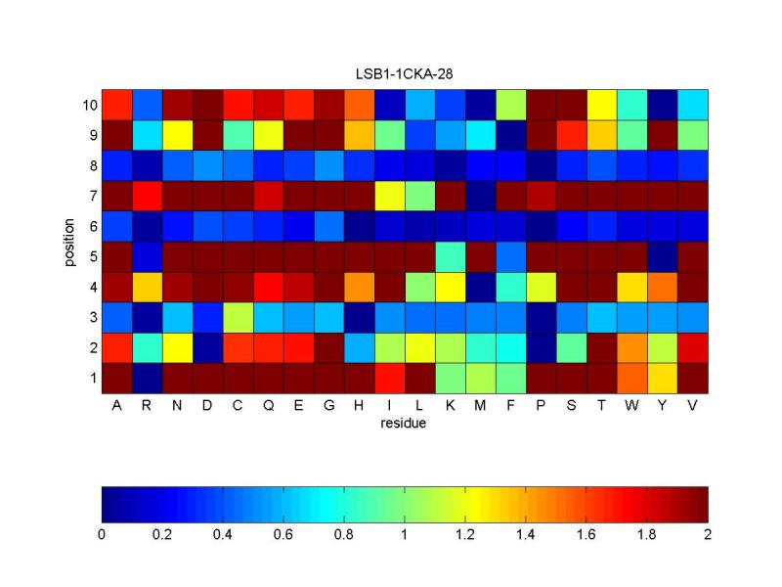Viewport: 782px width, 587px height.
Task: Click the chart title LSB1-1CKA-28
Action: pos(405,73)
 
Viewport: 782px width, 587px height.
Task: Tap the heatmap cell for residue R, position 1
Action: pos(147,378)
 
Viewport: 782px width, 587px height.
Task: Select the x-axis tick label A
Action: pos(116,407)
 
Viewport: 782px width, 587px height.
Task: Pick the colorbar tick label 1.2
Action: pos(465,534)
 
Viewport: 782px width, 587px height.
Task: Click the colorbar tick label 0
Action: pos(102,534)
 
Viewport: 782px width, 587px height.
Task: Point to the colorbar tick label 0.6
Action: pos(283,534)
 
